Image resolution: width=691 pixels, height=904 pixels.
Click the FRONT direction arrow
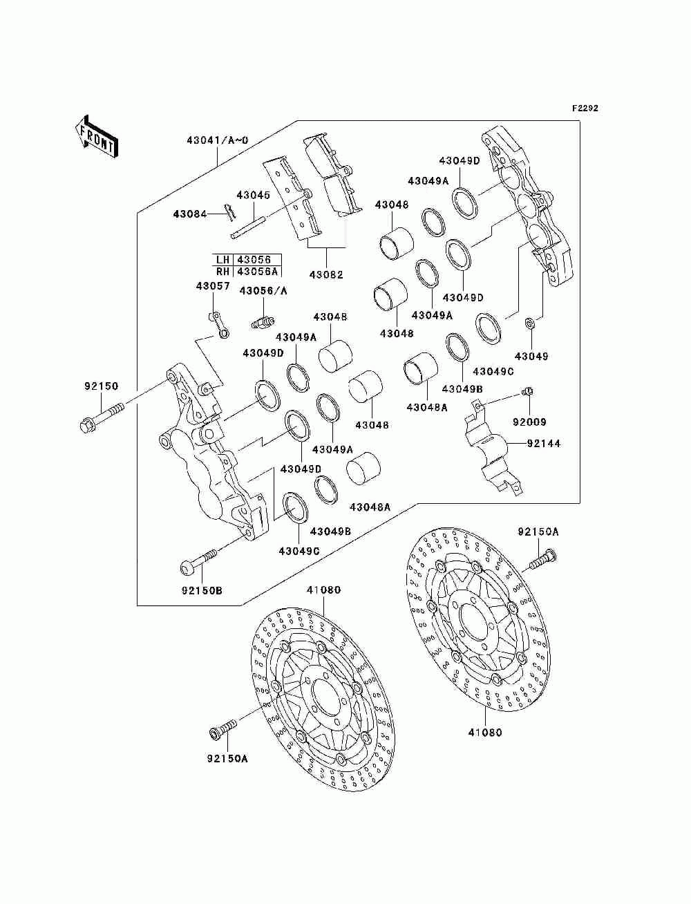(x=96, y=136)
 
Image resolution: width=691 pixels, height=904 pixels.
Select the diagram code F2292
(x=585, y=109)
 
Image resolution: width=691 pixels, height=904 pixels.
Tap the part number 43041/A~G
(x=218, y=140)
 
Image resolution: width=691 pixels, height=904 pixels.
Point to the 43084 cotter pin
(x=231, y=214)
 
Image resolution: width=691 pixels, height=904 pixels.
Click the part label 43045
(x=254, y=195)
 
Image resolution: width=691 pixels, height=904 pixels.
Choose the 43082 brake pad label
(x=326, y=274)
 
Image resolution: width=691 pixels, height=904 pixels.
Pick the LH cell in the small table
(x=223, y=260)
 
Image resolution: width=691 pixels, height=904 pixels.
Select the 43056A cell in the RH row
(x=257, y=272)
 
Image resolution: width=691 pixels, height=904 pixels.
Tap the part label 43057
(x=213, y=286)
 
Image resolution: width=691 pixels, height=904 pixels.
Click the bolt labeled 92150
(x=102, y=419)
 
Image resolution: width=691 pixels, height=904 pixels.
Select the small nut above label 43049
(x=531, y=323)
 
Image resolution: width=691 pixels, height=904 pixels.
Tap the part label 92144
(x=544, y=444)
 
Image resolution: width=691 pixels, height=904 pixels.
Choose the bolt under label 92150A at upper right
(x=542, y=561)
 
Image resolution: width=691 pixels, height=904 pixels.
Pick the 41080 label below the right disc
(x=485, y=733)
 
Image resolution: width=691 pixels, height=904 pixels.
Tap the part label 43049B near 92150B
(x=330, y=531)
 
